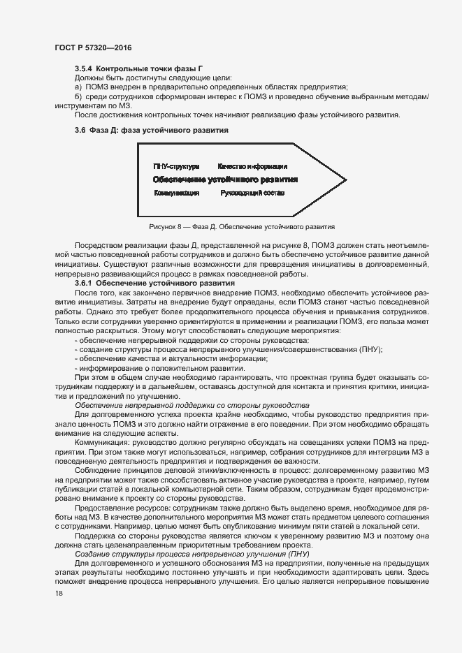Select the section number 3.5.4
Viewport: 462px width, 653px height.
click(83, 68)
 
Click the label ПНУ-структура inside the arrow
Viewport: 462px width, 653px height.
click(176, 166)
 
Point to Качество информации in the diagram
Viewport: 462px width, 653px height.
click(252, 166)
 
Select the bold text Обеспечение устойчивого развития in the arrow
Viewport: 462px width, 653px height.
click(225, 179)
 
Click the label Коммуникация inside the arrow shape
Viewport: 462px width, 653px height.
click(177, 192)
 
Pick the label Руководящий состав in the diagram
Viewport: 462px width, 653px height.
click(252, 192)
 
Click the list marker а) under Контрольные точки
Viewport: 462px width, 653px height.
click(79, 87)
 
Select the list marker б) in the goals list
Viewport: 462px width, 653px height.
click(79, 96)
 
